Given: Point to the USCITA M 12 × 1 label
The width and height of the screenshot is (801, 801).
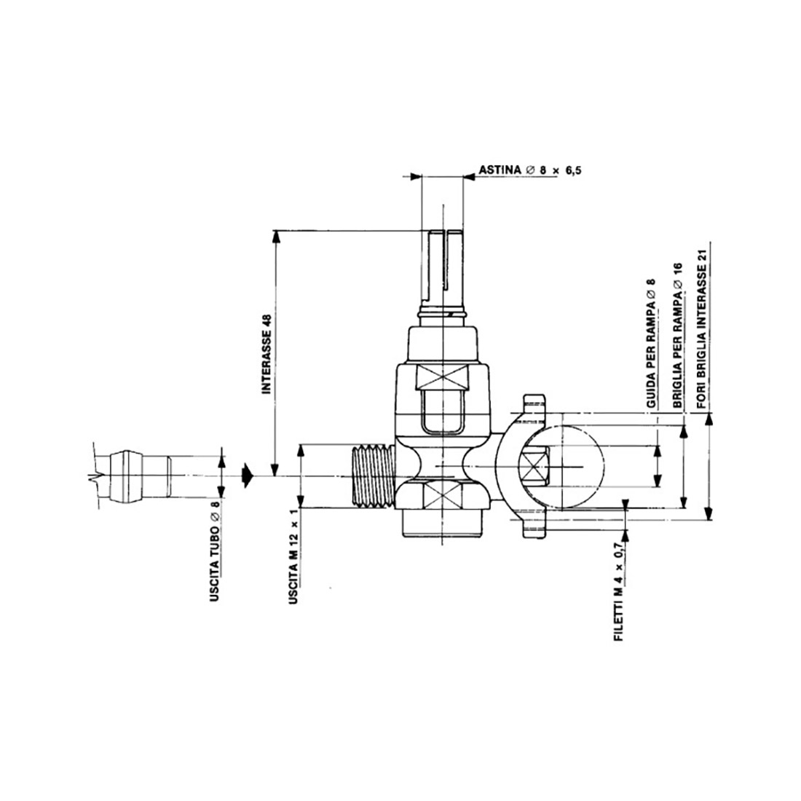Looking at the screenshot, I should click(x=294, y=553).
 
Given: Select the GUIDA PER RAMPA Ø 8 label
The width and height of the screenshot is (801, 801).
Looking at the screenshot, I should click(x=652, y=342).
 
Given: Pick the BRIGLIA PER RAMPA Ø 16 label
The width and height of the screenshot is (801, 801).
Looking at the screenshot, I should click(x=677, y=334).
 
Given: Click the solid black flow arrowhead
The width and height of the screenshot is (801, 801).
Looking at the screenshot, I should click(x=248, y=475).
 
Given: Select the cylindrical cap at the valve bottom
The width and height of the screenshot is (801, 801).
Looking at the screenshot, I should click(x=443, y=526).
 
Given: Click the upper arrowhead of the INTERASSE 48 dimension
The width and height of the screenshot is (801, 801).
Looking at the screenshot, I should click(x=275, y=237).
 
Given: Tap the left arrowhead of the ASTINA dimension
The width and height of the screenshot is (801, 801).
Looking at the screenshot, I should click(x=417, y=175).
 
